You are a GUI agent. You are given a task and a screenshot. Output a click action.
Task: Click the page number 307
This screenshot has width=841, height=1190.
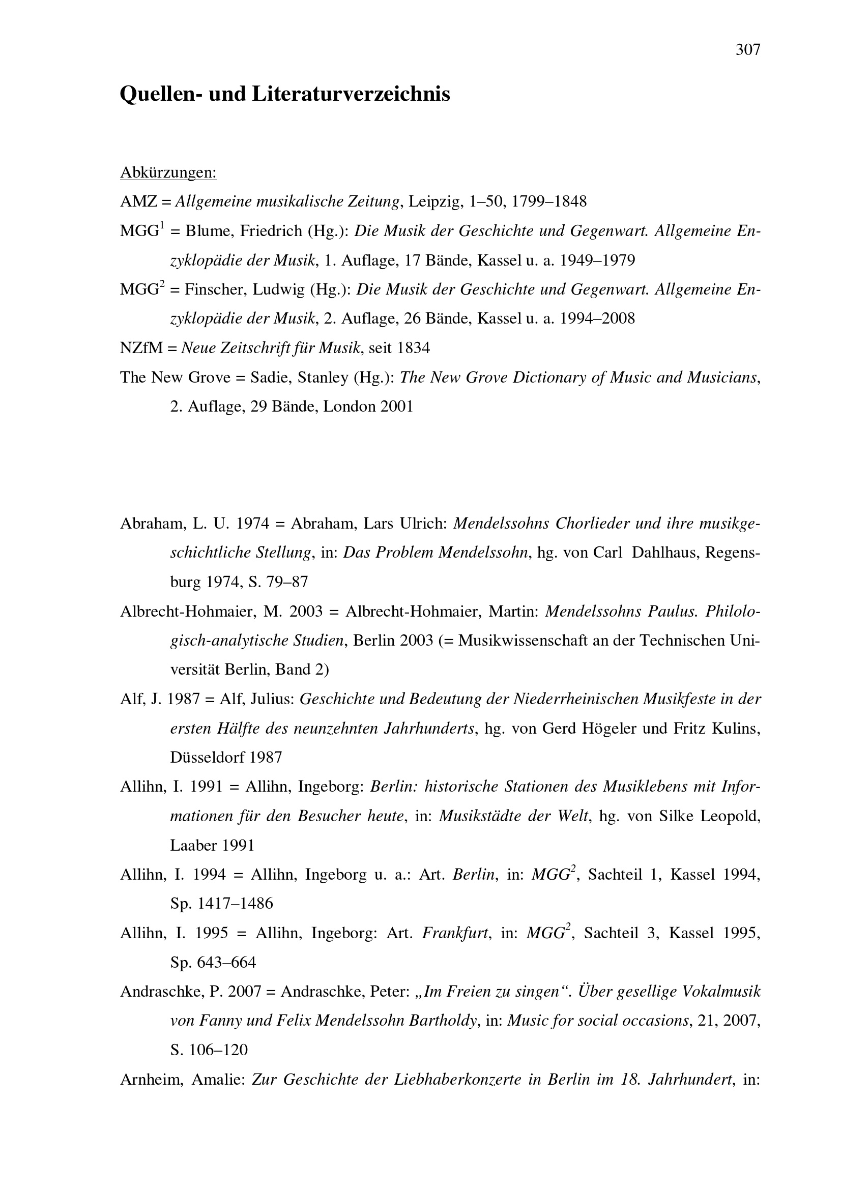pyautogui.click(x=748, y=50)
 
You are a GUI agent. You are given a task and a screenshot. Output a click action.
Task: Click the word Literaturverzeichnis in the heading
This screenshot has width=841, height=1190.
pyautogui.click(x=352, y=94)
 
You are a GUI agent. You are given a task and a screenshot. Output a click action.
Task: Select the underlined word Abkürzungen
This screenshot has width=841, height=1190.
pyautogui.click(x=168, y=172)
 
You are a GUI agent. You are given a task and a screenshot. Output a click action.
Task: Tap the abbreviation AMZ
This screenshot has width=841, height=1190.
pyautogui.click(x=138, y=201)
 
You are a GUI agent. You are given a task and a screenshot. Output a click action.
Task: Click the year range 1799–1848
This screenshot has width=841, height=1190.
pyautogui.click(x=549, y=201)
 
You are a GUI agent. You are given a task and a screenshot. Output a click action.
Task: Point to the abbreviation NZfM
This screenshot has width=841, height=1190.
pyautogui.click(x=141, y=348)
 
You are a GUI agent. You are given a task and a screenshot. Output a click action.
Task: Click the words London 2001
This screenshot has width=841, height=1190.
pyautogui.click(x=368, y=407)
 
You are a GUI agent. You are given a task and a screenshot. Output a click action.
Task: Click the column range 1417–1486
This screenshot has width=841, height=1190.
pyautogui.click(x=235, y=904)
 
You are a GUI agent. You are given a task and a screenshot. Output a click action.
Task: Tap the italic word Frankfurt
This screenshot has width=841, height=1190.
pyautogui.click(x=455, y=934)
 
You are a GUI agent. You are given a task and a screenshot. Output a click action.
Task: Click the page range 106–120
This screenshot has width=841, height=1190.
pyautogui.click(x=223, y=1050)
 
